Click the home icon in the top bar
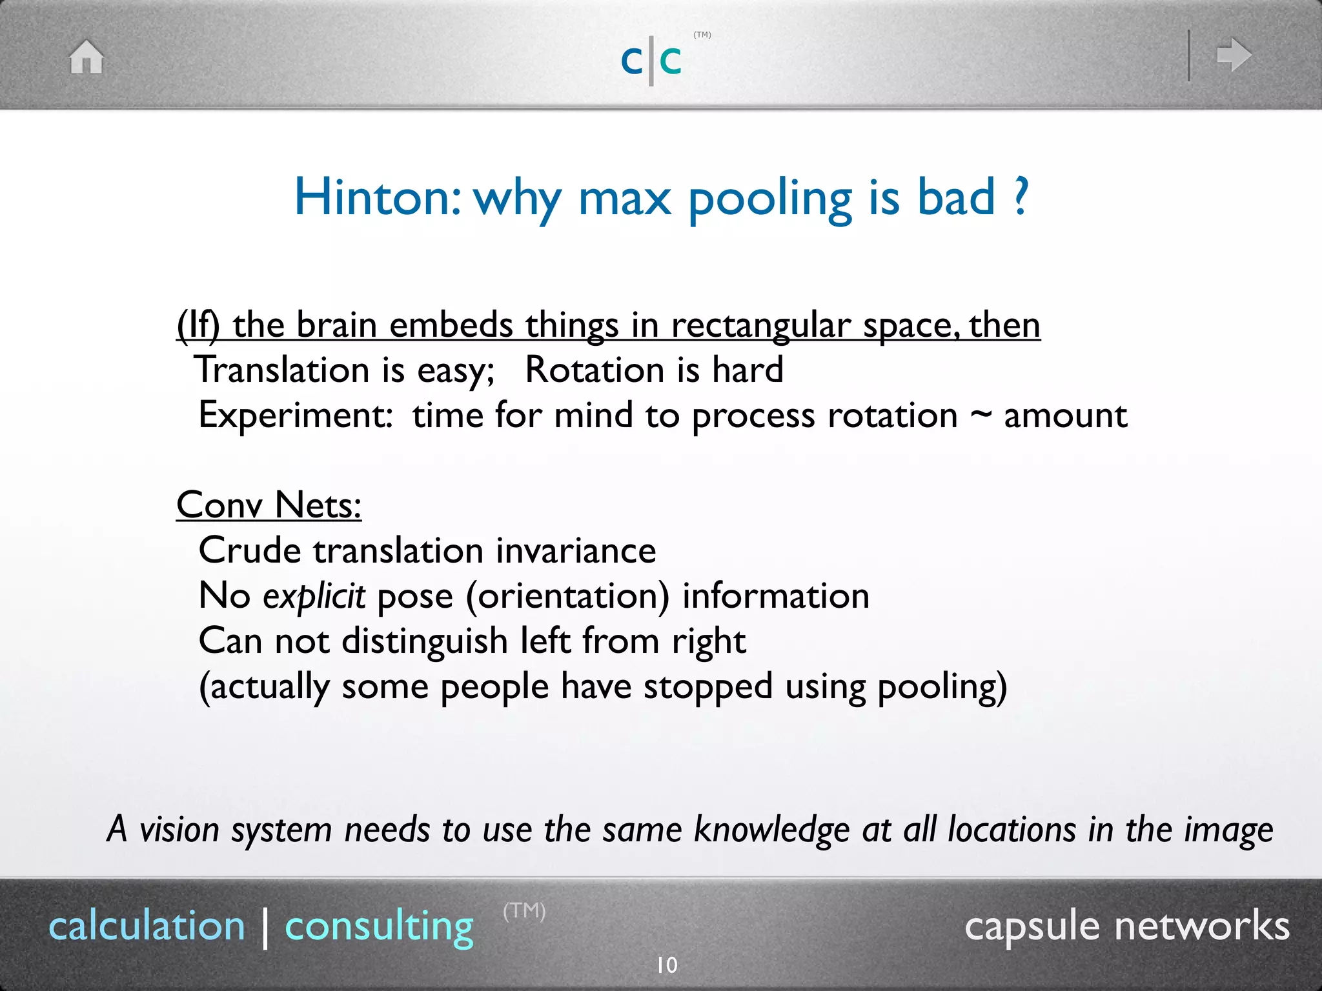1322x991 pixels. coord(86,57)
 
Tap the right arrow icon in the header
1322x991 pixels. coord(1234,55)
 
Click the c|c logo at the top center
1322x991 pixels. coord(651,61)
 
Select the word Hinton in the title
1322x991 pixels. coord(378,197)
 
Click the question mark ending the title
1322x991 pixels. coord(1021,197)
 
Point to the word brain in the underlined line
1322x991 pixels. coord(336,325)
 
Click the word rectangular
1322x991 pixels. coord(761,326)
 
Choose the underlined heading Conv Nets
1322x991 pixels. coord(269,505)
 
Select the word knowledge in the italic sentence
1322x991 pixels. coord(771,830)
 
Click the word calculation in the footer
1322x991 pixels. coord(147,926)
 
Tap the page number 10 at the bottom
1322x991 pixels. coord(667,965)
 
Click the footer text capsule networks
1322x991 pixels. coord(1126,926)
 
